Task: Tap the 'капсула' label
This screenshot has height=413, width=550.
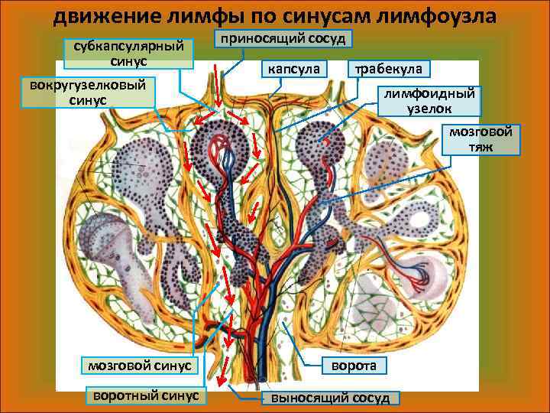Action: (x=295, y=69)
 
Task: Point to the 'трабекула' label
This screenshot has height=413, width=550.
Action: (x=389, y=69)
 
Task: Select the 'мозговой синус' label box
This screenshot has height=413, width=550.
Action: (x=140, y=365)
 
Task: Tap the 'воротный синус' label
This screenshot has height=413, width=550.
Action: (x=145, y=395)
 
